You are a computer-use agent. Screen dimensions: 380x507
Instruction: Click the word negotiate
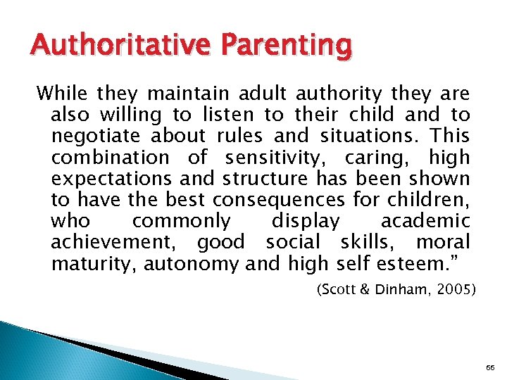pyautogui.click(x=100, y=137)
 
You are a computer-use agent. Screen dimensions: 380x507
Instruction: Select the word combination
pyautogui.click(x=110, y=158)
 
